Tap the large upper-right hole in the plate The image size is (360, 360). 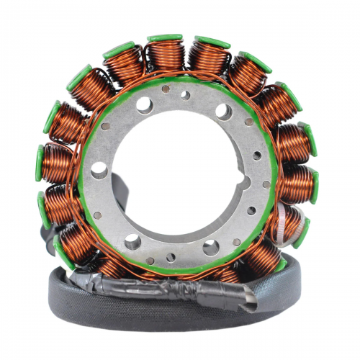tap(224, 112)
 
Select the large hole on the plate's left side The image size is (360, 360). tap(100, 170)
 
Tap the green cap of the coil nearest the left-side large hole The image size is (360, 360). tap(41, 163)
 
